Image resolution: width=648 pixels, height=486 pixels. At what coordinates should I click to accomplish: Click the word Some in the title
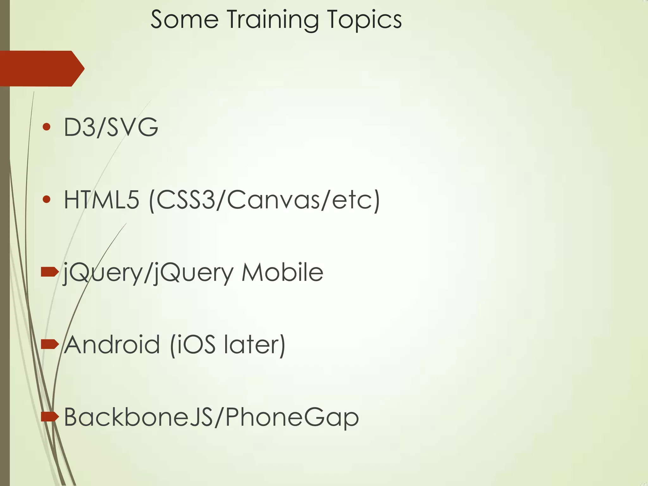point(184,20)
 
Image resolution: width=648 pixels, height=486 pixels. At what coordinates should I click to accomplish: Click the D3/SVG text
point(111,127)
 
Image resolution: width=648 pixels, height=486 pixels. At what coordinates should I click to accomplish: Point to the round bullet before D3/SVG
point(47,127)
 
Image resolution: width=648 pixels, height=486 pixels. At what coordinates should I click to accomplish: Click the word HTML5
point(102,200)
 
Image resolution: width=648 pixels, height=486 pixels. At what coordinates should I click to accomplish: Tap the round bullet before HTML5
point(47,199)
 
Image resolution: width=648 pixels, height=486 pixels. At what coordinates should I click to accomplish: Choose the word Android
point(112,345)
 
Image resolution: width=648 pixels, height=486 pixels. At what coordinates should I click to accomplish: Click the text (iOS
point(193,345)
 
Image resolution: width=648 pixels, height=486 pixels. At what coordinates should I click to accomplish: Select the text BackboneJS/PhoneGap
point(211,417)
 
